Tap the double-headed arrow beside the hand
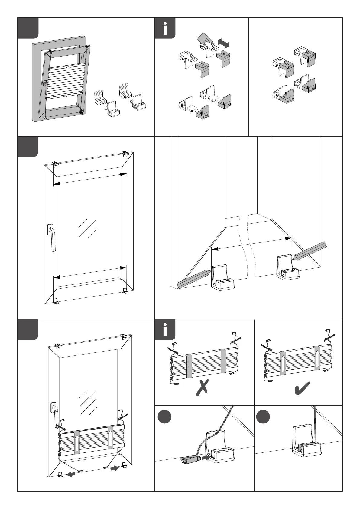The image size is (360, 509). pos(223,42)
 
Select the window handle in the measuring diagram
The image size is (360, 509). pos(52,237)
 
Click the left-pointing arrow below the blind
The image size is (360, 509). pos(71,474)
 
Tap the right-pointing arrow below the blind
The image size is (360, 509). pos(114,469)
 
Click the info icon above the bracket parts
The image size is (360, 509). pos(165,28)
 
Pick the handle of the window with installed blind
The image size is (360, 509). pos(55,417)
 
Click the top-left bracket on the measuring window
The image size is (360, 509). pos(55,164)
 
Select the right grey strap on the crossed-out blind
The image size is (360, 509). pos(223,361)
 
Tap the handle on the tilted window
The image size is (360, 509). pos(45,86)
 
